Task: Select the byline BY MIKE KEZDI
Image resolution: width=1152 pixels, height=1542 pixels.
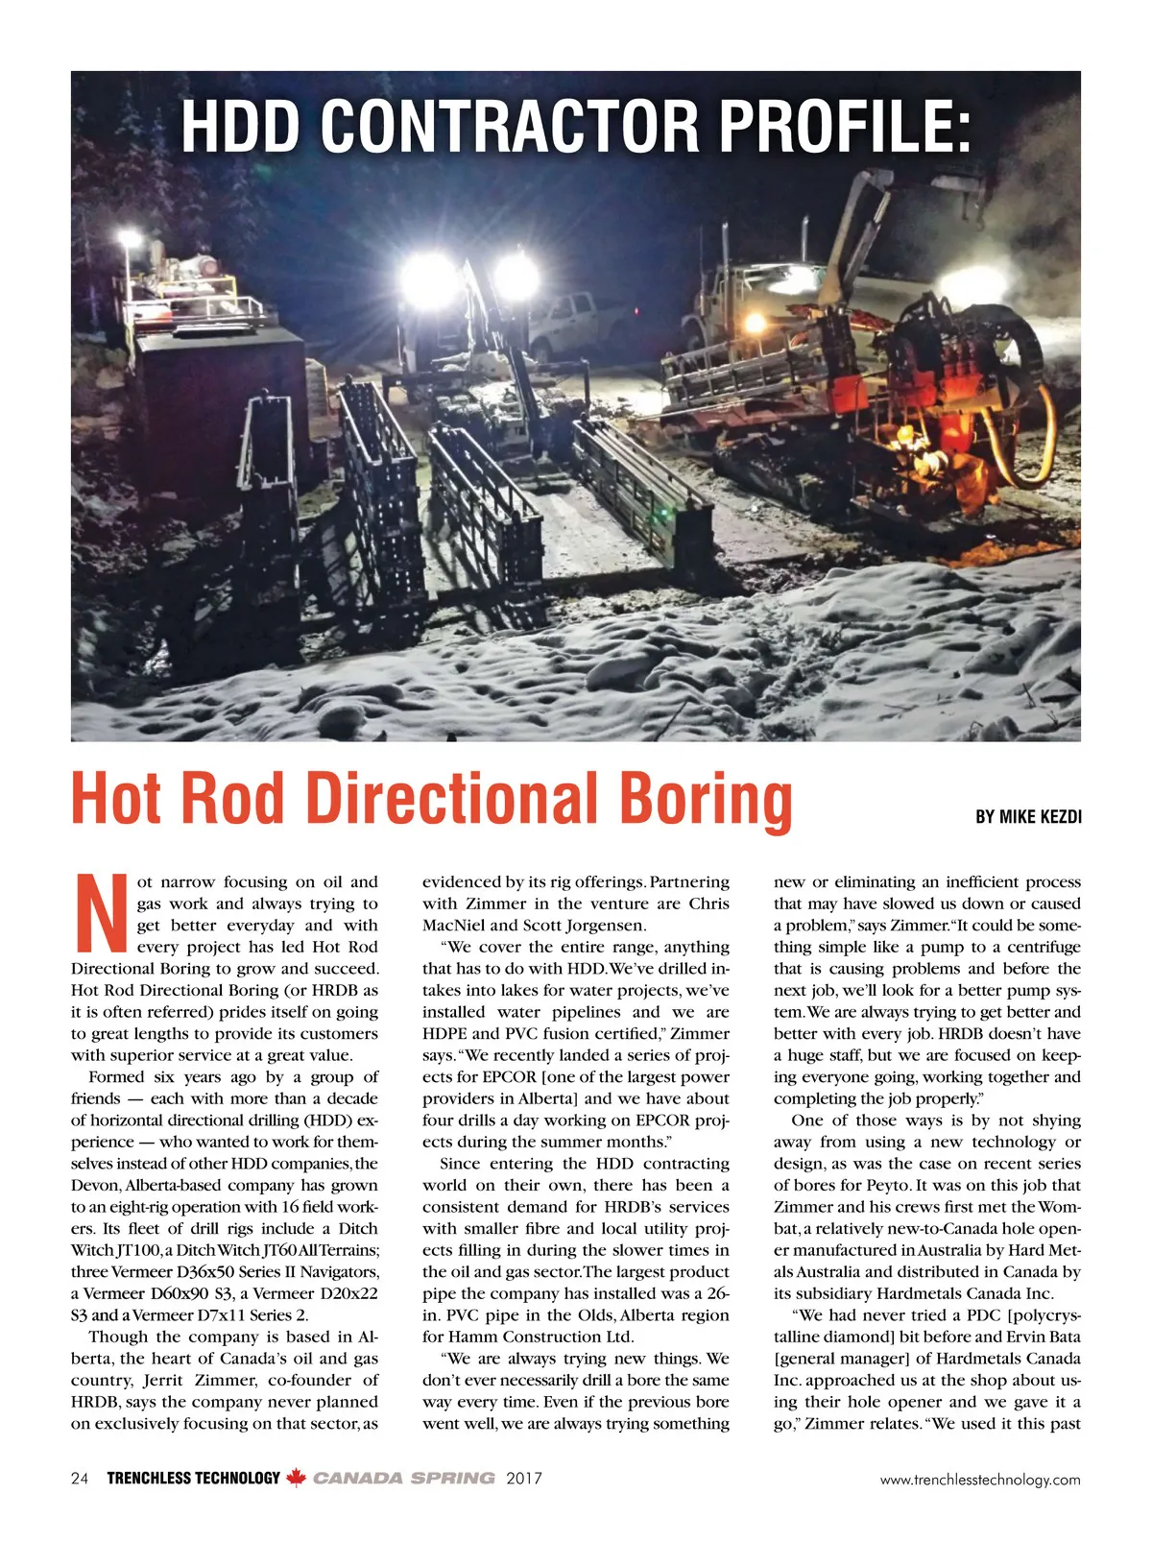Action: point(1028,817)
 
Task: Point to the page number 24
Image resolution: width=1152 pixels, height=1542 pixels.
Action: point(80,1479)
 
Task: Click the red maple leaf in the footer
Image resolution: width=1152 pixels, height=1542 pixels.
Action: point(297,1479)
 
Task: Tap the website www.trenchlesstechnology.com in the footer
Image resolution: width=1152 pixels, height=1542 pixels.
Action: point(980,1480)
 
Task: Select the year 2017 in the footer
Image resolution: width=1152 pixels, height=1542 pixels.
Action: point(524,1479)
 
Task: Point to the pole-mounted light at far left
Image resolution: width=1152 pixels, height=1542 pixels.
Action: point(128,239)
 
